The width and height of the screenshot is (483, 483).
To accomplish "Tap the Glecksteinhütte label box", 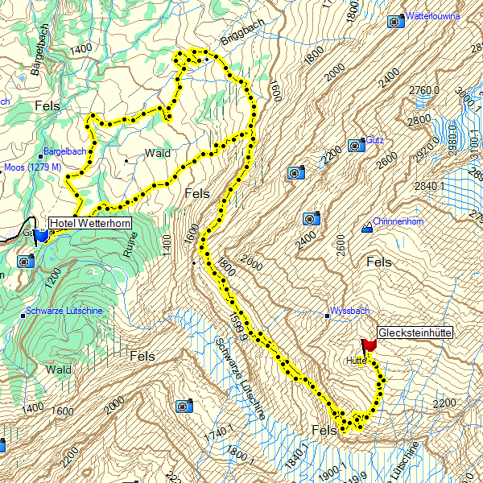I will coord(415,332).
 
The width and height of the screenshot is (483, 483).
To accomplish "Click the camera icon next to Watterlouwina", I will coord(395,22).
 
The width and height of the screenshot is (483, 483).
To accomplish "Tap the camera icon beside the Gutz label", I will coord(355,146).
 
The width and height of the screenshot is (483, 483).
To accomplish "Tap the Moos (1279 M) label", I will coord(32,167).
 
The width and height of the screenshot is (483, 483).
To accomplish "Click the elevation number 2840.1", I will coord(430,184).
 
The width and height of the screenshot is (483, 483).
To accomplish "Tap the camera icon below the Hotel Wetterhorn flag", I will coord(25,261).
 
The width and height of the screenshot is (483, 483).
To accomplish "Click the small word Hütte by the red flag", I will coord(357,361).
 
